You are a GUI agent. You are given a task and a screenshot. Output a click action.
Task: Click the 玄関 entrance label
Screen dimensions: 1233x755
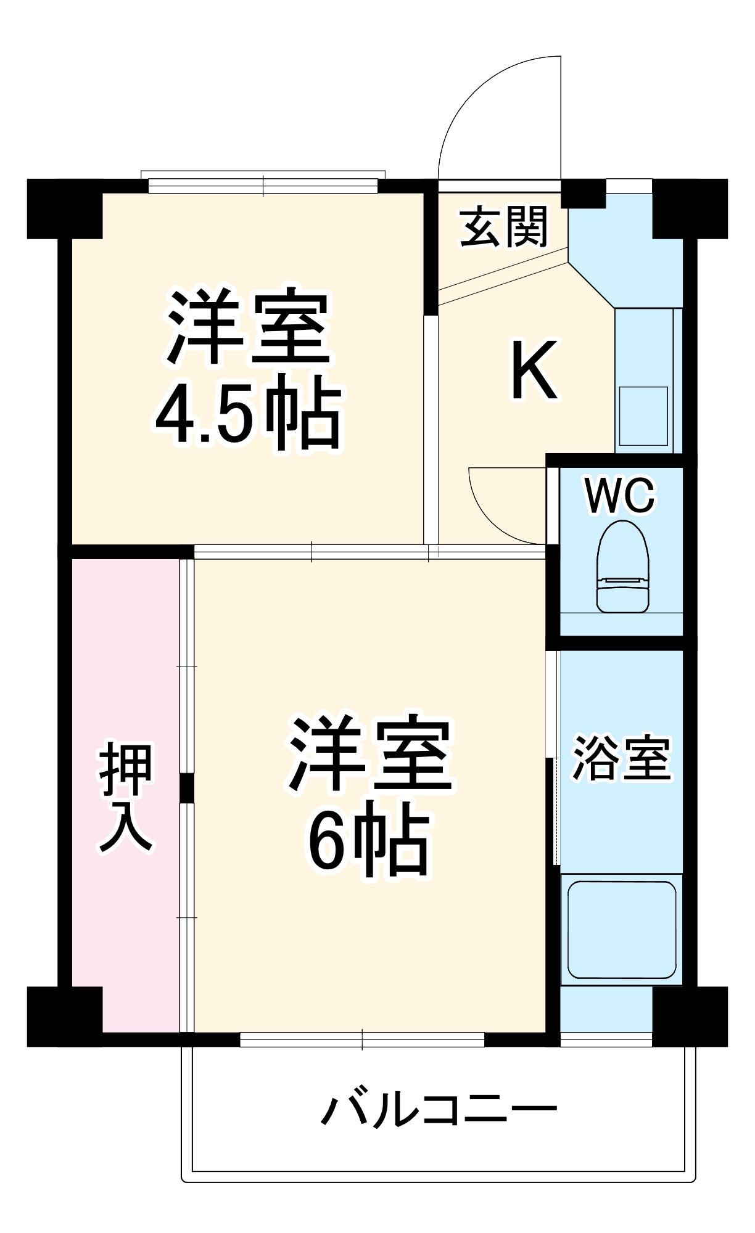504,227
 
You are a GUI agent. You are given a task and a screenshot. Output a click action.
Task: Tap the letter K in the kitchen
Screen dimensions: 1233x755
534,371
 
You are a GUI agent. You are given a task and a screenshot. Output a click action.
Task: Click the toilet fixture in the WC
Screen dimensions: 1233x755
623,567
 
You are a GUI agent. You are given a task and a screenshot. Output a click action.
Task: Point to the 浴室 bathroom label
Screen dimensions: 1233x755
621,758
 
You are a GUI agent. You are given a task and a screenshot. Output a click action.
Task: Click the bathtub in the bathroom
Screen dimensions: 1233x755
622,930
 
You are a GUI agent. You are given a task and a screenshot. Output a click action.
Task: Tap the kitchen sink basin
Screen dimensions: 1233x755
643,416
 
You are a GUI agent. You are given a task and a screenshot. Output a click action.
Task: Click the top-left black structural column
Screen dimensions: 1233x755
64,208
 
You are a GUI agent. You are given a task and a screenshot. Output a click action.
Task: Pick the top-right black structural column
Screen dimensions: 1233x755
690,208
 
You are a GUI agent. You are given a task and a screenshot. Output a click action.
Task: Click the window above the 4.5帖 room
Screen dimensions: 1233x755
263,185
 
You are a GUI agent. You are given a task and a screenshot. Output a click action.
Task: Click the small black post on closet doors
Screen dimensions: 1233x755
186,788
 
